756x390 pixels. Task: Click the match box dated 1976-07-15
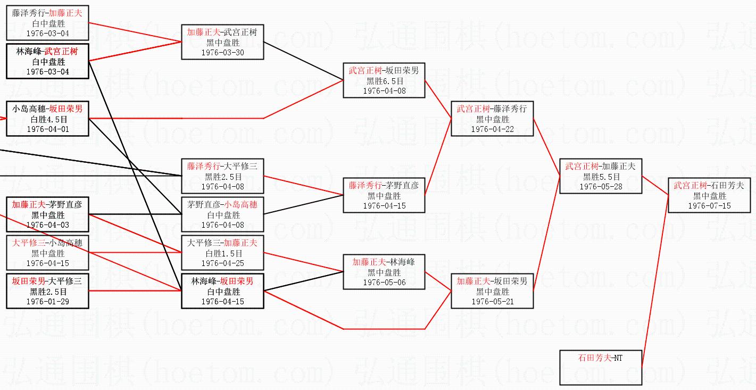point(709,195)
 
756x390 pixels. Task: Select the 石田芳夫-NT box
point(601,367)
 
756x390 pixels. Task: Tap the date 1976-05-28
point(601,186)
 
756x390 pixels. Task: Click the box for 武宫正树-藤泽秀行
point(492,119)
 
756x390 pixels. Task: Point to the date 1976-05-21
point(492,301)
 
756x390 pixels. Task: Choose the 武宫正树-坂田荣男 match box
point(384,80)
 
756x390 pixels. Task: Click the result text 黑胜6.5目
point(384,81)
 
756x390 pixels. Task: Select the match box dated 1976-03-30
point(222,42)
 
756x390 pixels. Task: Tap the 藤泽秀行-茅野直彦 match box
point(384,195)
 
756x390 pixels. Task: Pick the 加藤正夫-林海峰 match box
point(384,272)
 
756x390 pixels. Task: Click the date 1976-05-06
point(384,282)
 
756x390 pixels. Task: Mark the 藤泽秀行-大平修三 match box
point(222,176)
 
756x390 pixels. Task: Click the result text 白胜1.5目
point(222,253)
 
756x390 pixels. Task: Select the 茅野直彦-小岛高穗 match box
point(222,214)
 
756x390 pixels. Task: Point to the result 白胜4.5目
point(48,119)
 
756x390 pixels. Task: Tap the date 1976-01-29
point(48,301)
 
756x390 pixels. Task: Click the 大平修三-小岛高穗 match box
point(48,253)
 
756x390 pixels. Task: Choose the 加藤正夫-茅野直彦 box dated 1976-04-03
point(48,214)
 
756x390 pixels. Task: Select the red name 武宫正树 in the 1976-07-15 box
point(690,185)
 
